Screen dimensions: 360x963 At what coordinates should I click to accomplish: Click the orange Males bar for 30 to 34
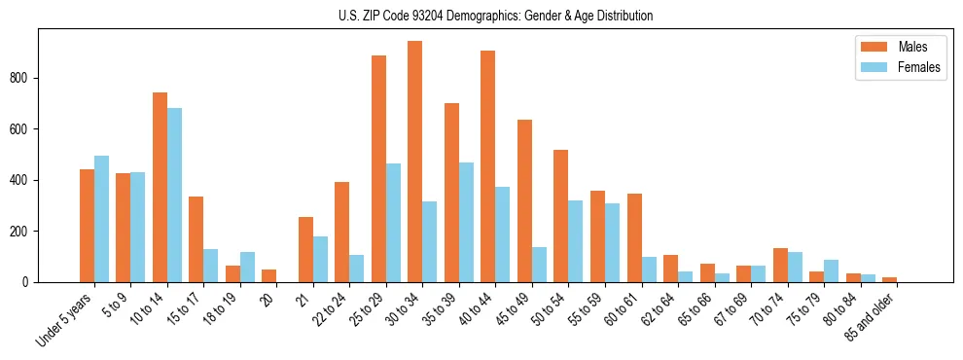point(414,162)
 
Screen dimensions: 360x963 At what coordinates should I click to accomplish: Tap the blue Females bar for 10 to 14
point(174,195)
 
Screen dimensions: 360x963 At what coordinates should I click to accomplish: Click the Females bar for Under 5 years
point(101,219)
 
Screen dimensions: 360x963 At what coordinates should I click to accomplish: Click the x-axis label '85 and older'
point(872,316)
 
